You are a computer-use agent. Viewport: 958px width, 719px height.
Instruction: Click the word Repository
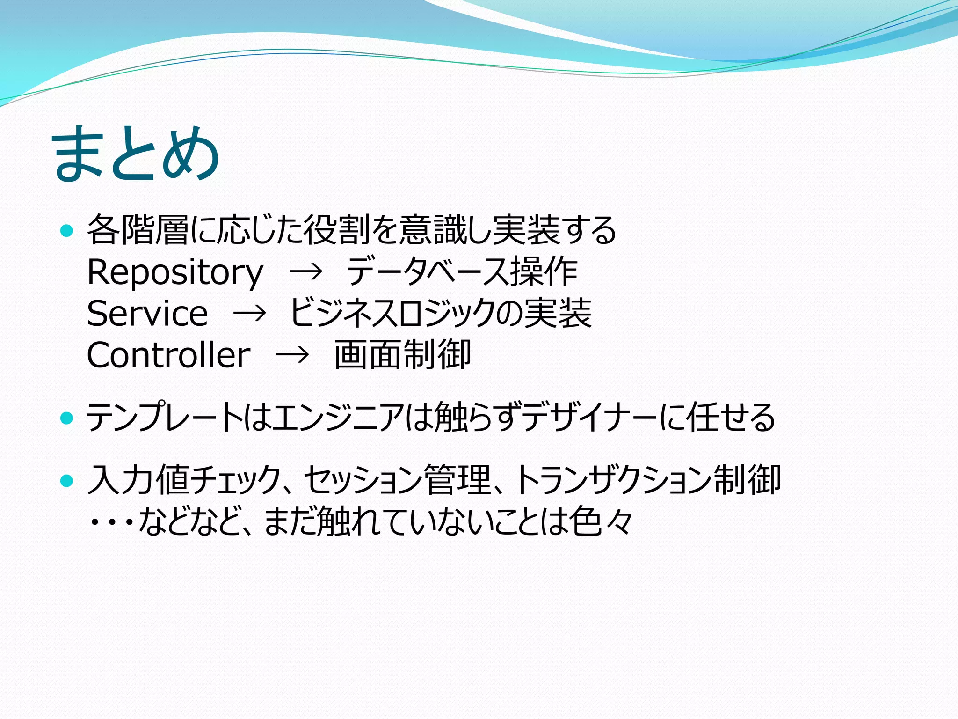point(175,272)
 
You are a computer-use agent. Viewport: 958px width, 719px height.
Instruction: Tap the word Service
point(147,313)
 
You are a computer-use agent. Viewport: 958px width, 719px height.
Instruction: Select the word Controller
point(168,355)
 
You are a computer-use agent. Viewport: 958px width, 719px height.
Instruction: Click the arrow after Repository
point(306,271)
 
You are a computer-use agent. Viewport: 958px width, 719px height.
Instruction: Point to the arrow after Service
point(250,313)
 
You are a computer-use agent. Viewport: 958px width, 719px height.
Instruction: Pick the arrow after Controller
point(293,355)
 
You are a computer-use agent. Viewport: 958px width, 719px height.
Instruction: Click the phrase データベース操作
point(462,271)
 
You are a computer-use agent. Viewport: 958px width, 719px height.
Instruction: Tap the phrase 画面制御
point(402,355)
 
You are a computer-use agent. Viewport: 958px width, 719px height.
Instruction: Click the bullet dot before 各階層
point(67,230)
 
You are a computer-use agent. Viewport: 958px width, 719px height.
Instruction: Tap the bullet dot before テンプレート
point(67,417)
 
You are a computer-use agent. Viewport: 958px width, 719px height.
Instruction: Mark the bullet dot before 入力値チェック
point(67,480)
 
